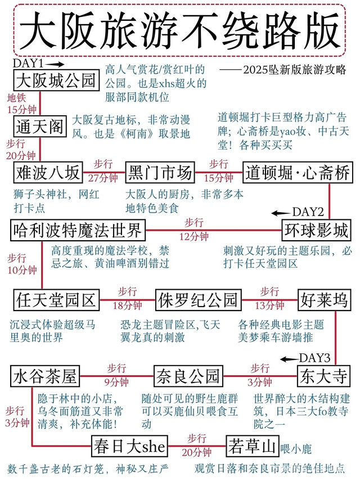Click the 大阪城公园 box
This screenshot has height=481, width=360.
point(57,80)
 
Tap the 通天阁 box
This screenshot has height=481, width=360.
point(40,127)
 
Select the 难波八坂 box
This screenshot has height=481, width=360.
point(48,172)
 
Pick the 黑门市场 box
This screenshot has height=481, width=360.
point(160,172)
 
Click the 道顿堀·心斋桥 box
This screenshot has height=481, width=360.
point(298,172)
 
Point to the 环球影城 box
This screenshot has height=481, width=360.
point(317,230)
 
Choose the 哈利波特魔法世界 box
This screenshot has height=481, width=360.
point(78,230)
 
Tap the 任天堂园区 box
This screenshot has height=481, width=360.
point(57,300)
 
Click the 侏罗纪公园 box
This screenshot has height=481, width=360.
point(199,300)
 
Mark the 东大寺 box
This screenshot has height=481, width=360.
point(324,376)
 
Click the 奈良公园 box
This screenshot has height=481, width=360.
point(188,376)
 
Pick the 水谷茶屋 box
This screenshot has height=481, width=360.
point(45,376)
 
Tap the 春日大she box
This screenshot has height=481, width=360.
point(130,446)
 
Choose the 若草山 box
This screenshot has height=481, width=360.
point(253,446)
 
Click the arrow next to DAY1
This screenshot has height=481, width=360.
point(56,64)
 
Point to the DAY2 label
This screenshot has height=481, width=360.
point(308,212)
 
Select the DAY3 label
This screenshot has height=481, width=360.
point(314,358)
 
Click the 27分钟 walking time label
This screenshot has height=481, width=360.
point(103,178)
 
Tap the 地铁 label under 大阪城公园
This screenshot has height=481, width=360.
point(16,98)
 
